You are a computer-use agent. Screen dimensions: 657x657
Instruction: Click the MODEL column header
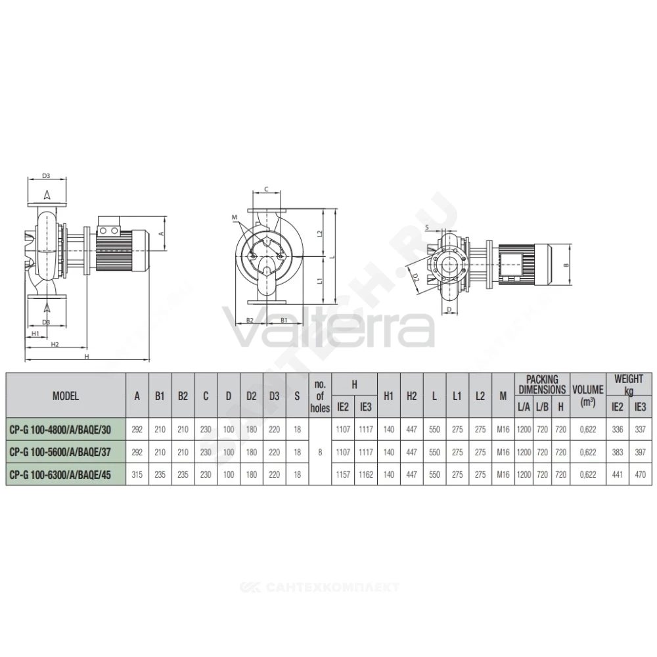(65, 396)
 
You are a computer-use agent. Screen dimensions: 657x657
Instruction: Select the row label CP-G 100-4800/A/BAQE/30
(60, 430)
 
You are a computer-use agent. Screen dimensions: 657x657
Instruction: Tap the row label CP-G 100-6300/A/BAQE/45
(60, 475)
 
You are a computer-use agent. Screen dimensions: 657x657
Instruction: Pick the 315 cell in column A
(137, 475)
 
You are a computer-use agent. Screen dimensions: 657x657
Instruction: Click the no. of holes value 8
(320, 452)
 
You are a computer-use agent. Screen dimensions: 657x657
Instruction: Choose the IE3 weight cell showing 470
(640, 475)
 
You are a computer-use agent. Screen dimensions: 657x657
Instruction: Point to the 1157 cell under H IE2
(343, 475)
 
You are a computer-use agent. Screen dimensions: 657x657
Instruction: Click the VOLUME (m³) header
(588, 395)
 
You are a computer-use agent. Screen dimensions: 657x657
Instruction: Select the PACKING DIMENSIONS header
(542, 384)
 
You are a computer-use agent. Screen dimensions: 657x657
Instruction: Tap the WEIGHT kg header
(629, 384)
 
